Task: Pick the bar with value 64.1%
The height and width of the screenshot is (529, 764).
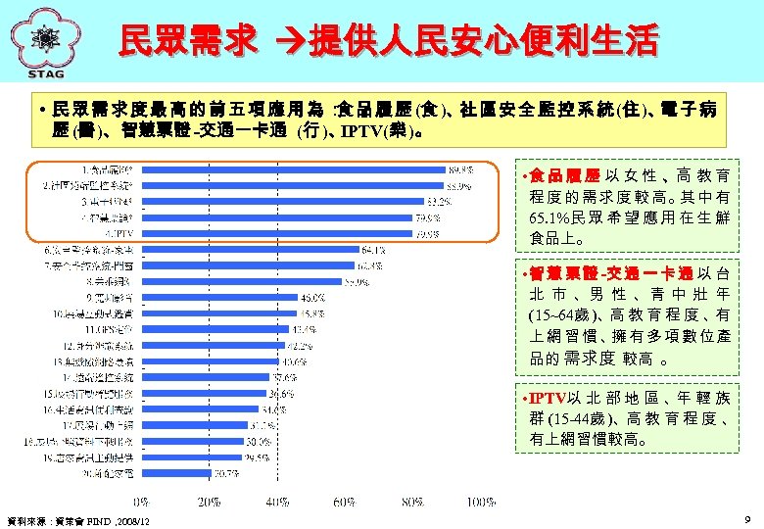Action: [x=249, y=250]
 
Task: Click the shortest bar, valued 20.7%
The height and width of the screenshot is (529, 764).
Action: [x=176, y=473]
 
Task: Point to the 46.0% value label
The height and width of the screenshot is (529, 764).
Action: [x=312, y=297]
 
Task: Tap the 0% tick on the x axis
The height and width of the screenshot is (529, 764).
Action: [x=143, y=502]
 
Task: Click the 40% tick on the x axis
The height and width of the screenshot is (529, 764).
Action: [x=277, y=502]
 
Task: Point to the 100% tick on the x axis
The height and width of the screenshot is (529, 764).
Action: [x=480, y=502]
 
